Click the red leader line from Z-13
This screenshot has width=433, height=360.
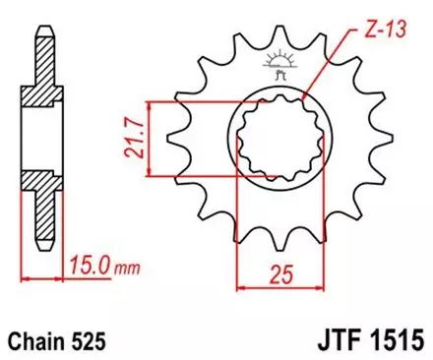point(333,68)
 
